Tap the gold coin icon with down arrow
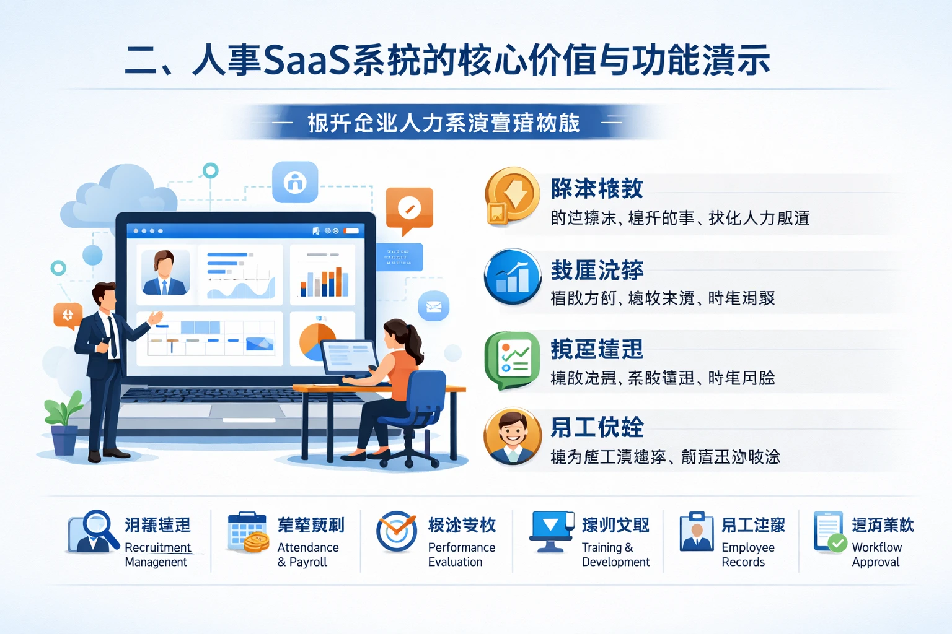[x=512, y=196]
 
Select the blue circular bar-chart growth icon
[x=513, y=277]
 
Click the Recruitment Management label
[x=157, y=555]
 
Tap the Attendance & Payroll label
[x=308, y=555]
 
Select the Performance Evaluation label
[x=461, y=555]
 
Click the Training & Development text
[x=615, y=555]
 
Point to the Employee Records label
[x=747, y=555]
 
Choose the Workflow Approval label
[x=876, y=555]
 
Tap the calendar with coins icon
[x=248, y=532]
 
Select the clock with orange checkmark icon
[x=397, y=531]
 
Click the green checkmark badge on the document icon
[x=838, y=544]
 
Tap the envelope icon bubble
[x=434, y=306]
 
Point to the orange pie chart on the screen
[x=316, y=341]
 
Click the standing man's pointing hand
[x=154, y=318]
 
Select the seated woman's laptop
[x=349, y=357]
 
